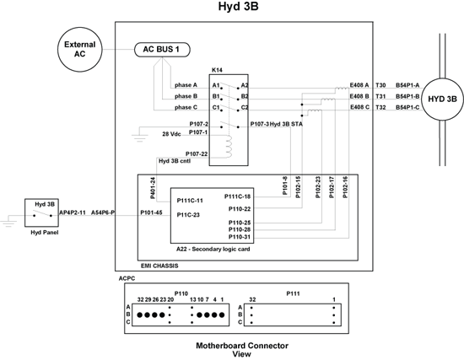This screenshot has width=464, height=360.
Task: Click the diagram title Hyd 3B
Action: click(x=238, y=7)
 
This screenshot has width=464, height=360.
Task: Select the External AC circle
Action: click(x=79, y=50)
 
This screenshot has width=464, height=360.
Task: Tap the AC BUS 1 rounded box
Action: click(x=162, y=50)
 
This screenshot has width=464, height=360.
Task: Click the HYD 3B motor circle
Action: click(x=442, y=99)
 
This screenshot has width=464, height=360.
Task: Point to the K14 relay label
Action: click(x=217, y=70)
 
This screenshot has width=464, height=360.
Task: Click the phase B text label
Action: click(x=186, y=96)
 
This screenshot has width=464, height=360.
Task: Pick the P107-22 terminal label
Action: click(x=197, y=153)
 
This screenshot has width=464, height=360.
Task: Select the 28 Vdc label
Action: click(x=171, y=134)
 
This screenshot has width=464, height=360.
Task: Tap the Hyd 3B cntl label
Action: click(x=175, y=161)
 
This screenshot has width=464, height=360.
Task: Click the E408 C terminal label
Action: click(x=359, y=107)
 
